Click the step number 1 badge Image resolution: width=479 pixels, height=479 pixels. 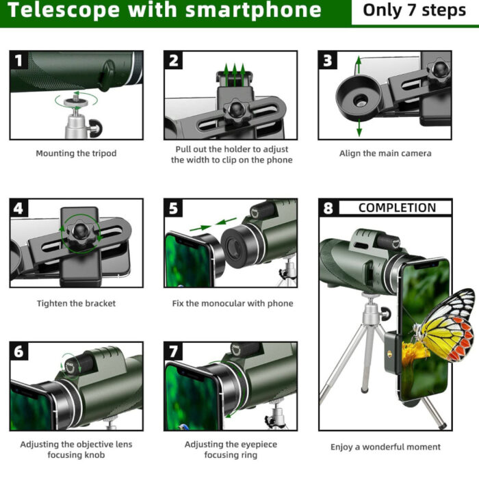[18, 60]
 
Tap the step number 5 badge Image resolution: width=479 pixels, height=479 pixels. [174, 209]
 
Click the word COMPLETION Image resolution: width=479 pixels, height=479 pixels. [396, 208]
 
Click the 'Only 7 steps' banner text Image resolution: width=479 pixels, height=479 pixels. [414, 11]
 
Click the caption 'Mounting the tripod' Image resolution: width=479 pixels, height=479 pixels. [76, 153]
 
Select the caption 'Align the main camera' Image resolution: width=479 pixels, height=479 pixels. [385, 153]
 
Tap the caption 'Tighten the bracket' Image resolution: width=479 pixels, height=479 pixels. [76, 303]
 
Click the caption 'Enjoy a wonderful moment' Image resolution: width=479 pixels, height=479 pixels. [385, 447]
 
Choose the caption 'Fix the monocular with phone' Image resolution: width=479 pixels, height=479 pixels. [232, 303]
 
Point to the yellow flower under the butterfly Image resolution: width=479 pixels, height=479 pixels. [415, 352]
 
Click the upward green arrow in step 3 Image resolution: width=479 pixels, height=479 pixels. [358, 66]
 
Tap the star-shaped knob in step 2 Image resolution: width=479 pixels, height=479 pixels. [235, 109]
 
